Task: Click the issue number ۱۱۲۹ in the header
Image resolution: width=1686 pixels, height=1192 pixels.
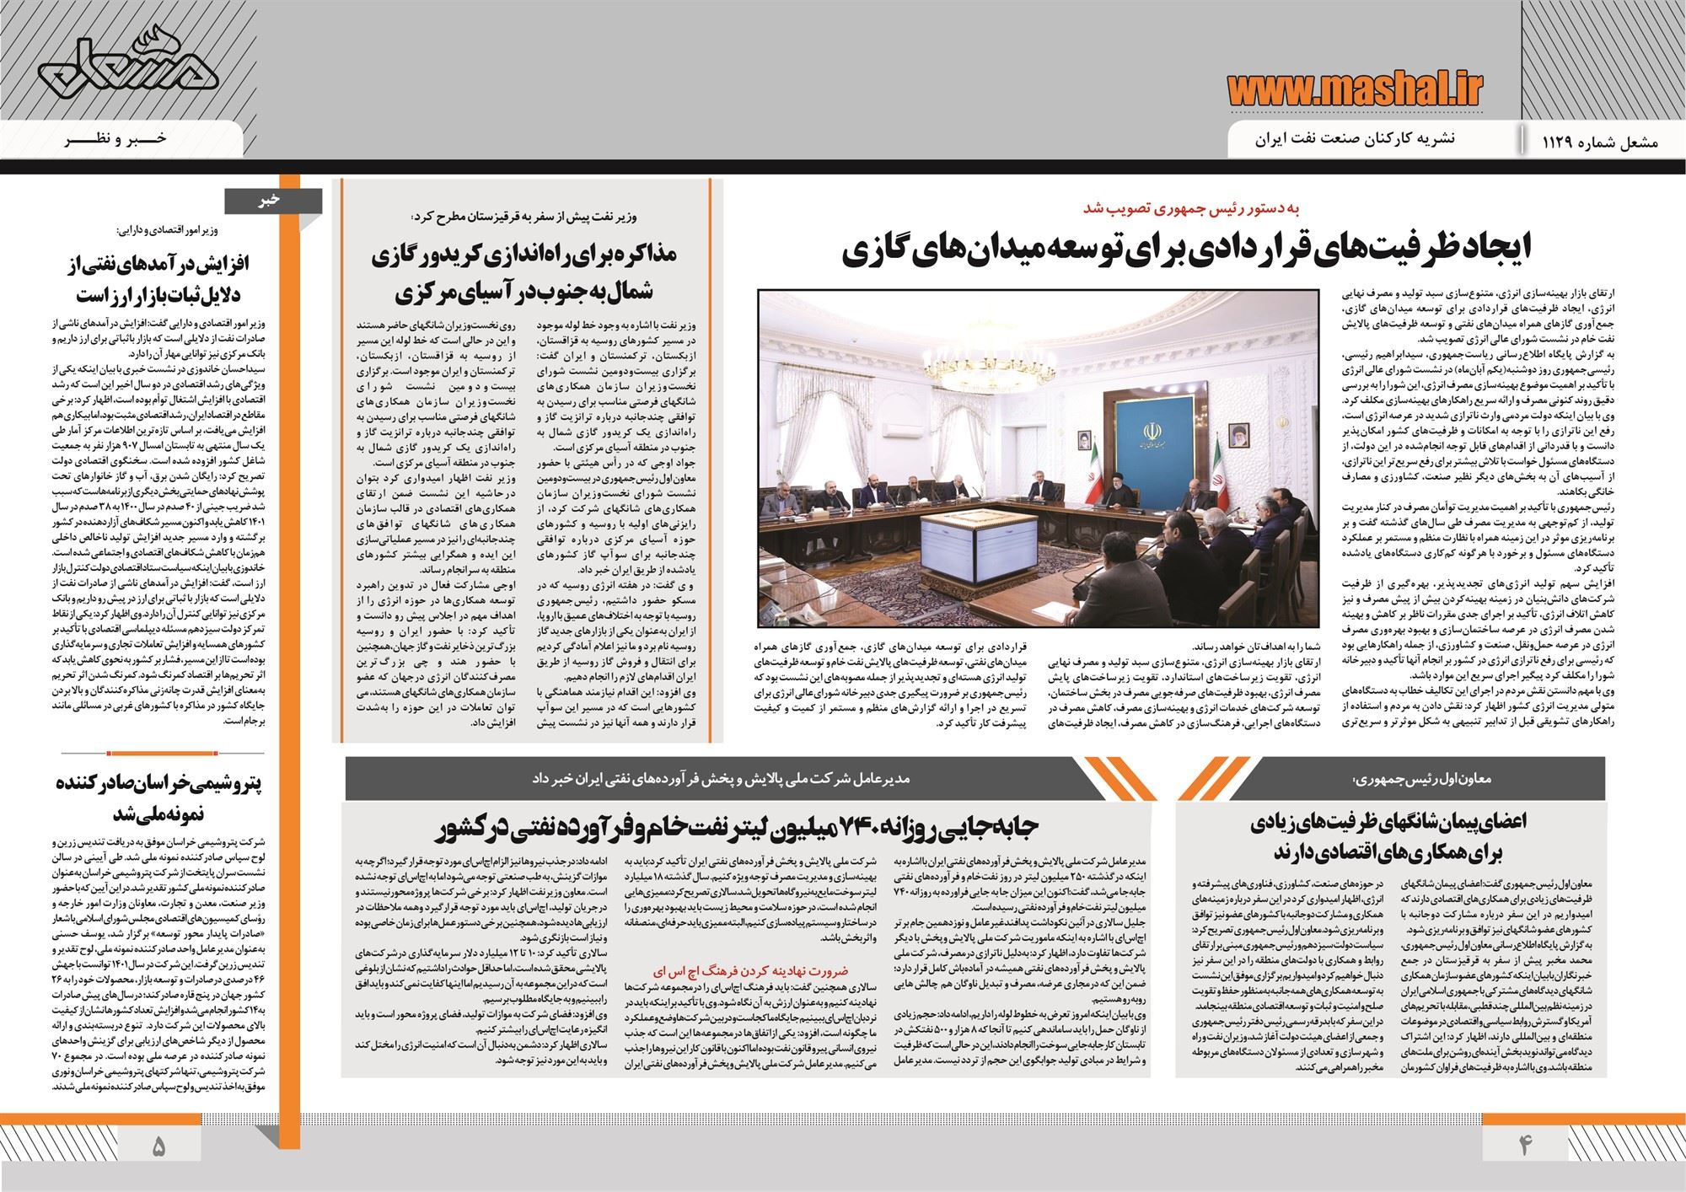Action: tap(1554, 142)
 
